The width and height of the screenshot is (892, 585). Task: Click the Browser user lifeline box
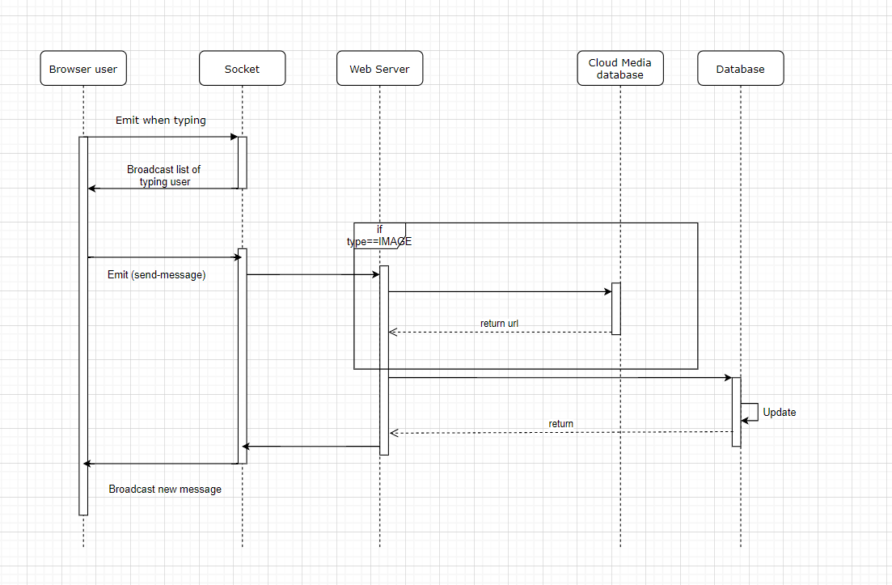click(x=83, y=68)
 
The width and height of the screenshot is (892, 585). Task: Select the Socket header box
click(x=243, y=68)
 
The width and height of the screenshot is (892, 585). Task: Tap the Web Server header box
click(x=379, y=68)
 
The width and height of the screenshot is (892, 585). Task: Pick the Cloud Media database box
click(x=620, y=68)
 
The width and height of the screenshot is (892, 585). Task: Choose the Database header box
click(x=741, y=68)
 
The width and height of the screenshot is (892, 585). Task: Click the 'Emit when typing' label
click(x=160, y=120)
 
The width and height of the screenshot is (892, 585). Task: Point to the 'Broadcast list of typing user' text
click(x=164, y=176)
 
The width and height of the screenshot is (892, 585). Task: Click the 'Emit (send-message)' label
click(x=156, y=275)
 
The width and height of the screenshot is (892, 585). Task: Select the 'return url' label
click(x=499, y=323)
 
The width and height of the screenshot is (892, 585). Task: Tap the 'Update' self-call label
click(x=780, y=412)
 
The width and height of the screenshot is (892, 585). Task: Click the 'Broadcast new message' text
click(x=165, y=489)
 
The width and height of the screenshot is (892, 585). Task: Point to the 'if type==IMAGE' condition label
click(x=379, y=235)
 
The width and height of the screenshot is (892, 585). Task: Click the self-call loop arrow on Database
click(x=750, y=413)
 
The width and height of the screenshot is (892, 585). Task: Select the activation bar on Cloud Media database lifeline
click(x=616, y=308)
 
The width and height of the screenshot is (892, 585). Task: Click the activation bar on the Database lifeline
click(x=736, y=412)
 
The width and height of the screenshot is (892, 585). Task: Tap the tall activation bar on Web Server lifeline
click(x=384, y=360)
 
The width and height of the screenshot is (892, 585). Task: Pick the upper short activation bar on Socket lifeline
click(x=243, y=162)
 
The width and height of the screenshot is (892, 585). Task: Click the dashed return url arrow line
click(x=500, y=333)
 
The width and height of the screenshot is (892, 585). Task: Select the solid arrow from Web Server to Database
click(x=560, y=377)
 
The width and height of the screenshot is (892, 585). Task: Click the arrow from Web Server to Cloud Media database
click(x=500, y=292)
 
